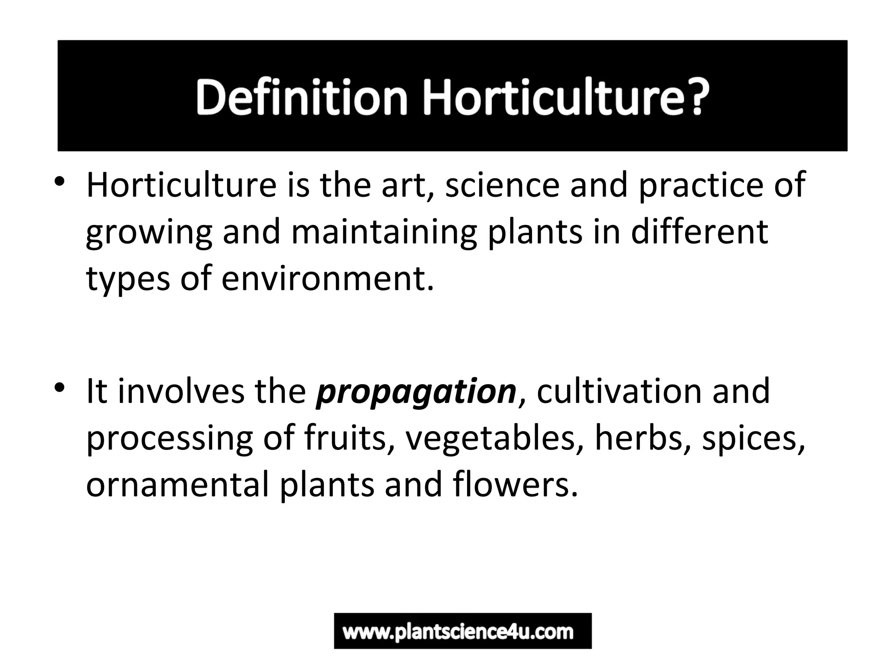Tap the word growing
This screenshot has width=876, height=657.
tap(149, 234)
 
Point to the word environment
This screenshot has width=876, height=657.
tap(328, 279)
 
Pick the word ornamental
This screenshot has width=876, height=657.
tap(178, 485)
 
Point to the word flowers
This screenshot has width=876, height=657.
tap(515, 485)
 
